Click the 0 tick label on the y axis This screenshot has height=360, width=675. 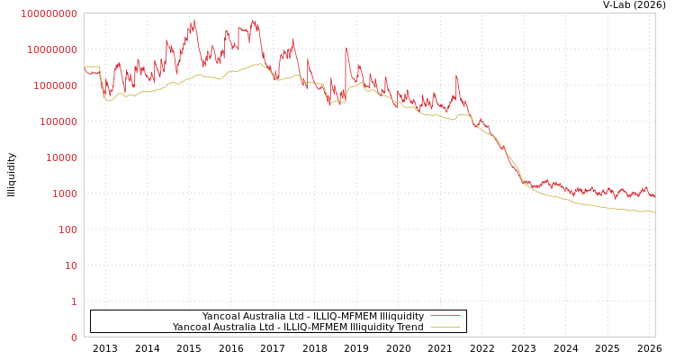click(74, 337)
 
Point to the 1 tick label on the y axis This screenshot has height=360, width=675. click(74, 301)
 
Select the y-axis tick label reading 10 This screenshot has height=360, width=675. click(71, 265)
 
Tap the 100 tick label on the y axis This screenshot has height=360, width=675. click(68, 229)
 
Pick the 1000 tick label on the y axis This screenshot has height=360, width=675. click(66, 193)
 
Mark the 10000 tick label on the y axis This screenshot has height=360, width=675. click(63, 157)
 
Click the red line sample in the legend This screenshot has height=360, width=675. click(445, 316)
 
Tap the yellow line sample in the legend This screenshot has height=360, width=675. click(445, 327)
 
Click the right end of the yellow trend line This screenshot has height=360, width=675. click(654, 211)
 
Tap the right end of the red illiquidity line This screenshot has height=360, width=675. click(654, 195)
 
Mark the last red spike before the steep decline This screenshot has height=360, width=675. click(456, 76)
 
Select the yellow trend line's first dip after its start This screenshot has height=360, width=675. click(109, 100)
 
